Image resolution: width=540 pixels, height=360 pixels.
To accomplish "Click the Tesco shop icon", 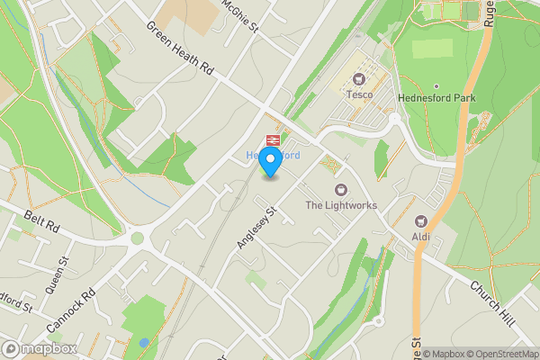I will (x=359, y=80).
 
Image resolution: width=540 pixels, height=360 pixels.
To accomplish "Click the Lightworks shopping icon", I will (x=340, y=189).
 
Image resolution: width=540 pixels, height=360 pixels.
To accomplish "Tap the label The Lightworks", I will (x=340, y=206).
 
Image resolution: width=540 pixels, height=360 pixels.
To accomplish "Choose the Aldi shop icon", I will (x=419, y=220).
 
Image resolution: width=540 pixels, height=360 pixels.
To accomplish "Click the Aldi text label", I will (x=420, y=237).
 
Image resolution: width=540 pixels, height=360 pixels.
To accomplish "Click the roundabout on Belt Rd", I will (x=137, y=239).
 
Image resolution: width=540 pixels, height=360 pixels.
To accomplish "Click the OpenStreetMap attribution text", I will (x=495, y=354).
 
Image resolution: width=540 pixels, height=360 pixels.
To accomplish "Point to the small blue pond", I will (x=144, y=343).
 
